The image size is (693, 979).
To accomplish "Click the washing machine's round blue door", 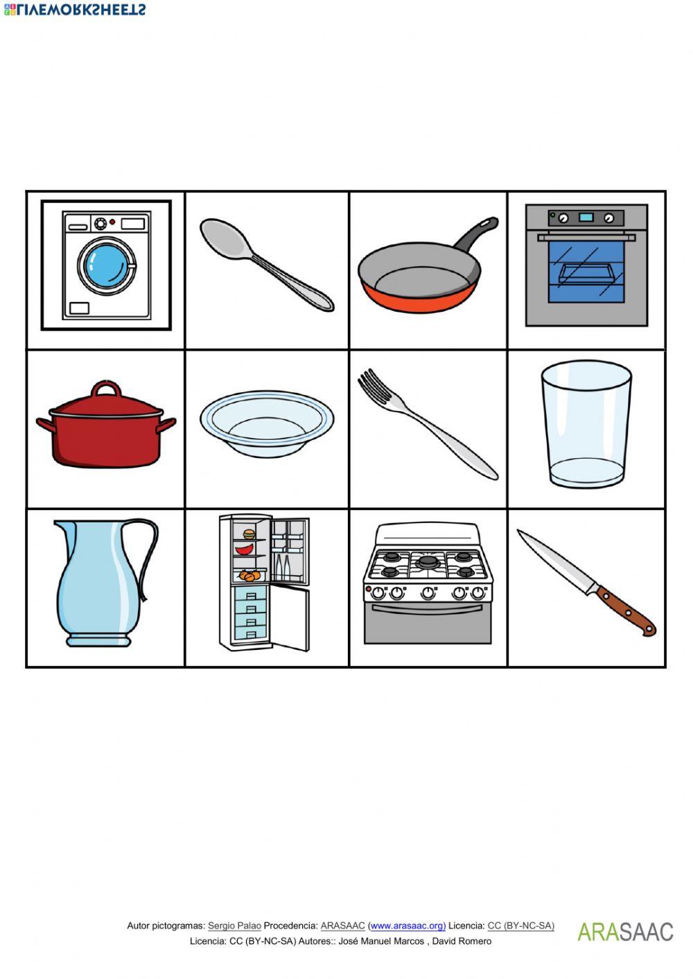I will (x=107, y=265).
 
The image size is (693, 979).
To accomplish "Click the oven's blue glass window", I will (x=586, y=272).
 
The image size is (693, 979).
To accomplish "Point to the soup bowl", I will (x=267, y=423).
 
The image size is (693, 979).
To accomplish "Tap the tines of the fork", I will (x=375, y=387).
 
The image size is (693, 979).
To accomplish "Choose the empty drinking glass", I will (x=586, y=423).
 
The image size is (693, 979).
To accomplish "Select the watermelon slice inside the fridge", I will (x=243, y=549).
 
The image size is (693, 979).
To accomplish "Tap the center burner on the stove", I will (x=428, y=561).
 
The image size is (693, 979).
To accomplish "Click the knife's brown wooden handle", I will (x=625, y=610).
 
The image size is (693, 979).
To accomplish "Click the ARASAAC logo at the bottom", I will (x=625, y=931).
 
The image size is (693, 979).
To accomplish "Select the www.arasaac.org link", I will (x=407, y=926).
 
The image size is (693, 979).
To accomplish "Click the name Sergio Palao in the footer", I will (x=234, y=926).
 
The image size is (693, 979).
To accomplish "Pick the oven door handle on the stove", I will (x=428, y=608).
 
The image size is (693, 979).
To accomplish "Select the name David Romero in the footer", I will (x=462, y=941).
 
